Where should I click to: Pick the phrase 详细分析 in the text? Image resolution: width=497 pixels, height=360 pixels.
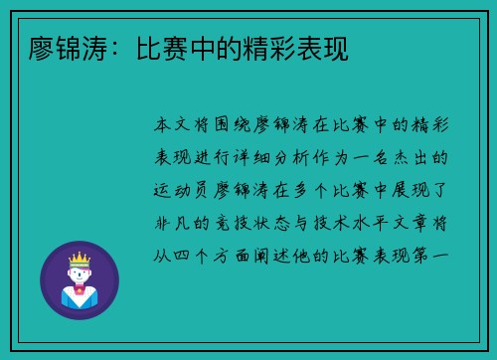(307, 158)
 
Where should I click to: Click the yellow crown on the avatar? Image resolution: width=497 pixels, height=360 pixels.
(79, 259)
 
